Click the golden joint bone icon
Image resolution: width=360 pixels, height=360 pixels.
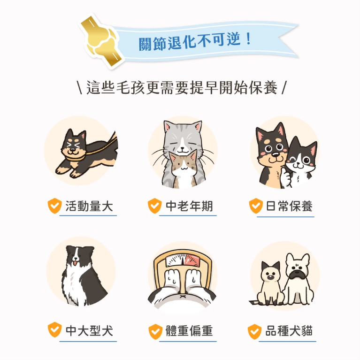pos(101,41)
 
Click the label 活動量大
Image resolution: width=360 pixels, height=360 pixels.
pos(89,206)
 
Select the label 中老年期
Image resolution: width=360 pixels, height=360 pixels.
pos(189,206)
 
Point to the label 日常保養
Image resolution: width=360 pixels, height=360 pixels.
pos(289,206)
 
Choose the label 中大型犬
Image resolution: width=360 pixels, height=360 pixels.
pos(89,330)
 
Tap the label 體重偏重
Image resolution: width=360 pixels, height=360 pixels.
pos(189,330)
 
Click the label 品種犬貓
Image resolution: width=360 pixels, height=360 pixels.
pos(289,330)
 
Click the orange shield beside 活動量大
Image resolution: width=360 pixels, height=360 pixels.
pos(54,206)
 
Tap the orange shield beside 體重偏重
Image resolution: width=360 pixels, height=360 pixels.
pos(155,331)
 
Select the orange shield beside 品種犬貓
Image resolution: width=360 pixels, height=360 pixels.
pos(254,331)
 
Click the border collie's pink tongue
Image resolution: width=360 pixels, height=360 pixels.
pos(75,262)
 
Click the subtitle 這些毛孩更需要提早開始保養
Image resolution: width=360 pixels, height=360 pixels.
pos(182,87)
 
